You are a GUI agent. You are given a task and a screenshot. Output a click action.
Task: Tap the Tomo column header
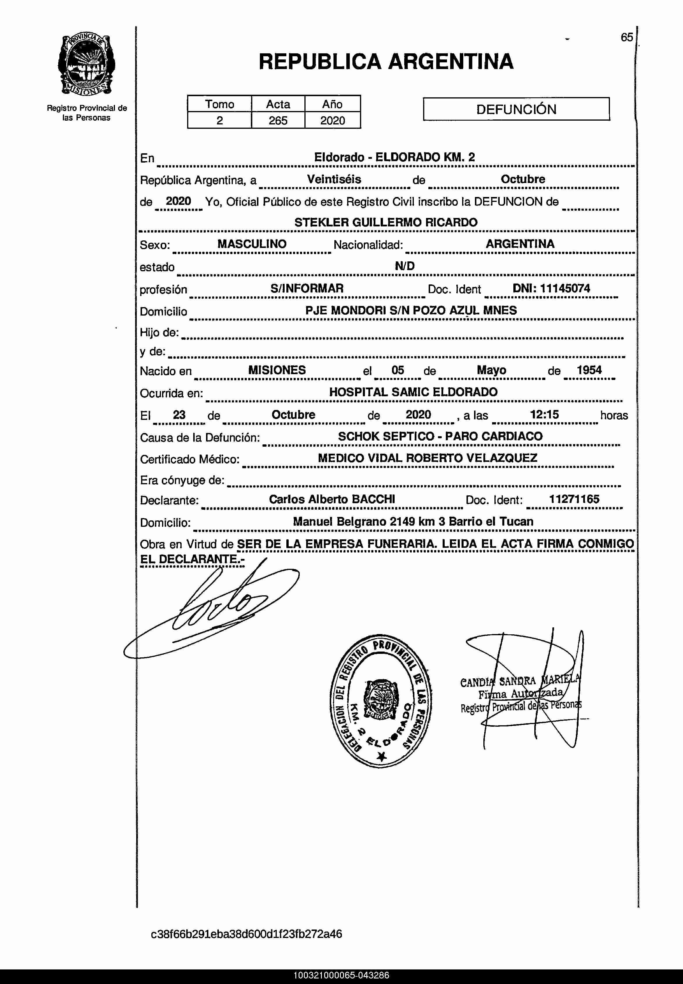point(219,104)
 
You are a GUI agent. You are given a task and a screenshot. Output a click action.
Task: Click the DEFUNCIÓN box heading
point(516,109)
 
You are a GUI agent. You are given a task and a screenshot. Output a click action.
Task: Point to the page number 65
point(627,37)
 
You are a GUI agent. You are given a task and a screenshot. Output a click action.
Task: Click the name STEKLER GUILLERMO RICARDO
point(386,222)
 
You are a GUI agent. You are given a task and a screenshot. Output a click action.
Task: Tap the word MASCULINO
point(252,244)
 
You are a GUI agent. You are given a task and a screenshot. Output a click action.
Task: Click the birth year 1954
point(589,370)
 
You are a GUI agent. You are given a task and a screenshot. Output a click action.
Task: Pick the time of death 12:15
point(544,414)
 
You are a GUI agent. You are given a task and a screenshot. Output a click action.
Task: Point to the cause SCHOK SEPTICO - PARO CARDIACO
point(440,436)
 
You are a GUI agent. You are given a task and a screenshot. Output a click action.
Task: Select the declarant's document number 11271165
point(574,499)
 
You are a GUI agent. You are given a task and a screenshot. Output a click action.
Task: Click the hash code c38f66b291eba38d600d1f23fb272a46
point(246,934)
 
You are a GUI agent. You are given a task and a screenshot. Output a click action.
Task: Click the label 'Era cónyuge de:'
point(182,480)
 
